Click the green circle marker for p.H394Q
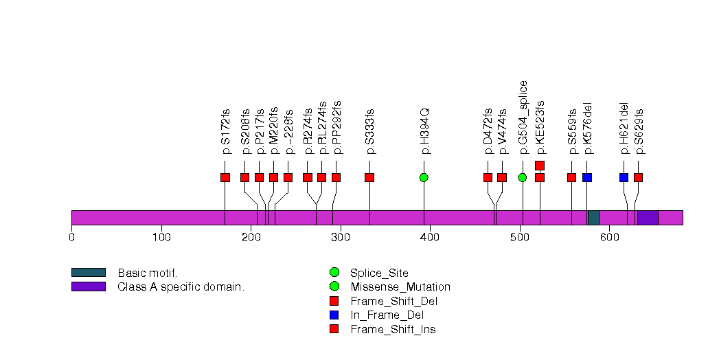pyautogui.click(x=424, y=177)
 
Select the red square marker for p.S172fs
pyautogui.click(x=225, y=177)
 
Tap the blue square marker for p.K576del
pyautogui.click(x=587, y=177)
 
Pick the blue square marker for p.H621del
pyautogui.click(x=624, y=177)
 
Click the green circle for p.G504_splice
pyautogui.click(x=523, y=177)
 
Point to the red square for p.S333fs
pyautogui.click(x=369, y=177)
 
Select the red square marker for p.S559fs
pyautogui.click(x=571, y=177)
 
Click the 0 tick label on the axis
pyautogui.click(x=71, y=238)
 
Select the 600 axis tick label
pyautogui.click(x=610, y=238)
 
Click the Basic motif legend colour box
pyautogui.click(x=88, y=273)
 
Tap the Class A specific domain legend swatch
pyautogui.click(x=88, y=286)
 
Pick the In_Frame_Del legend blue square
pyautogui.click(x=334, y=315)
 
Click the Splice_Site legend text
pyautogui.click(x=378, y=273)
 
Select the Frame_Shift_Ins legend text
pyautogui.click(x=393, y=329)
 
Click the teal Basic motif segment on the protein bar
pyautogui.click(x=593, y=218)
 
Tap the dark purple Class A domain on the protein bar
pyautogui.click(x=648, y=218)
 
